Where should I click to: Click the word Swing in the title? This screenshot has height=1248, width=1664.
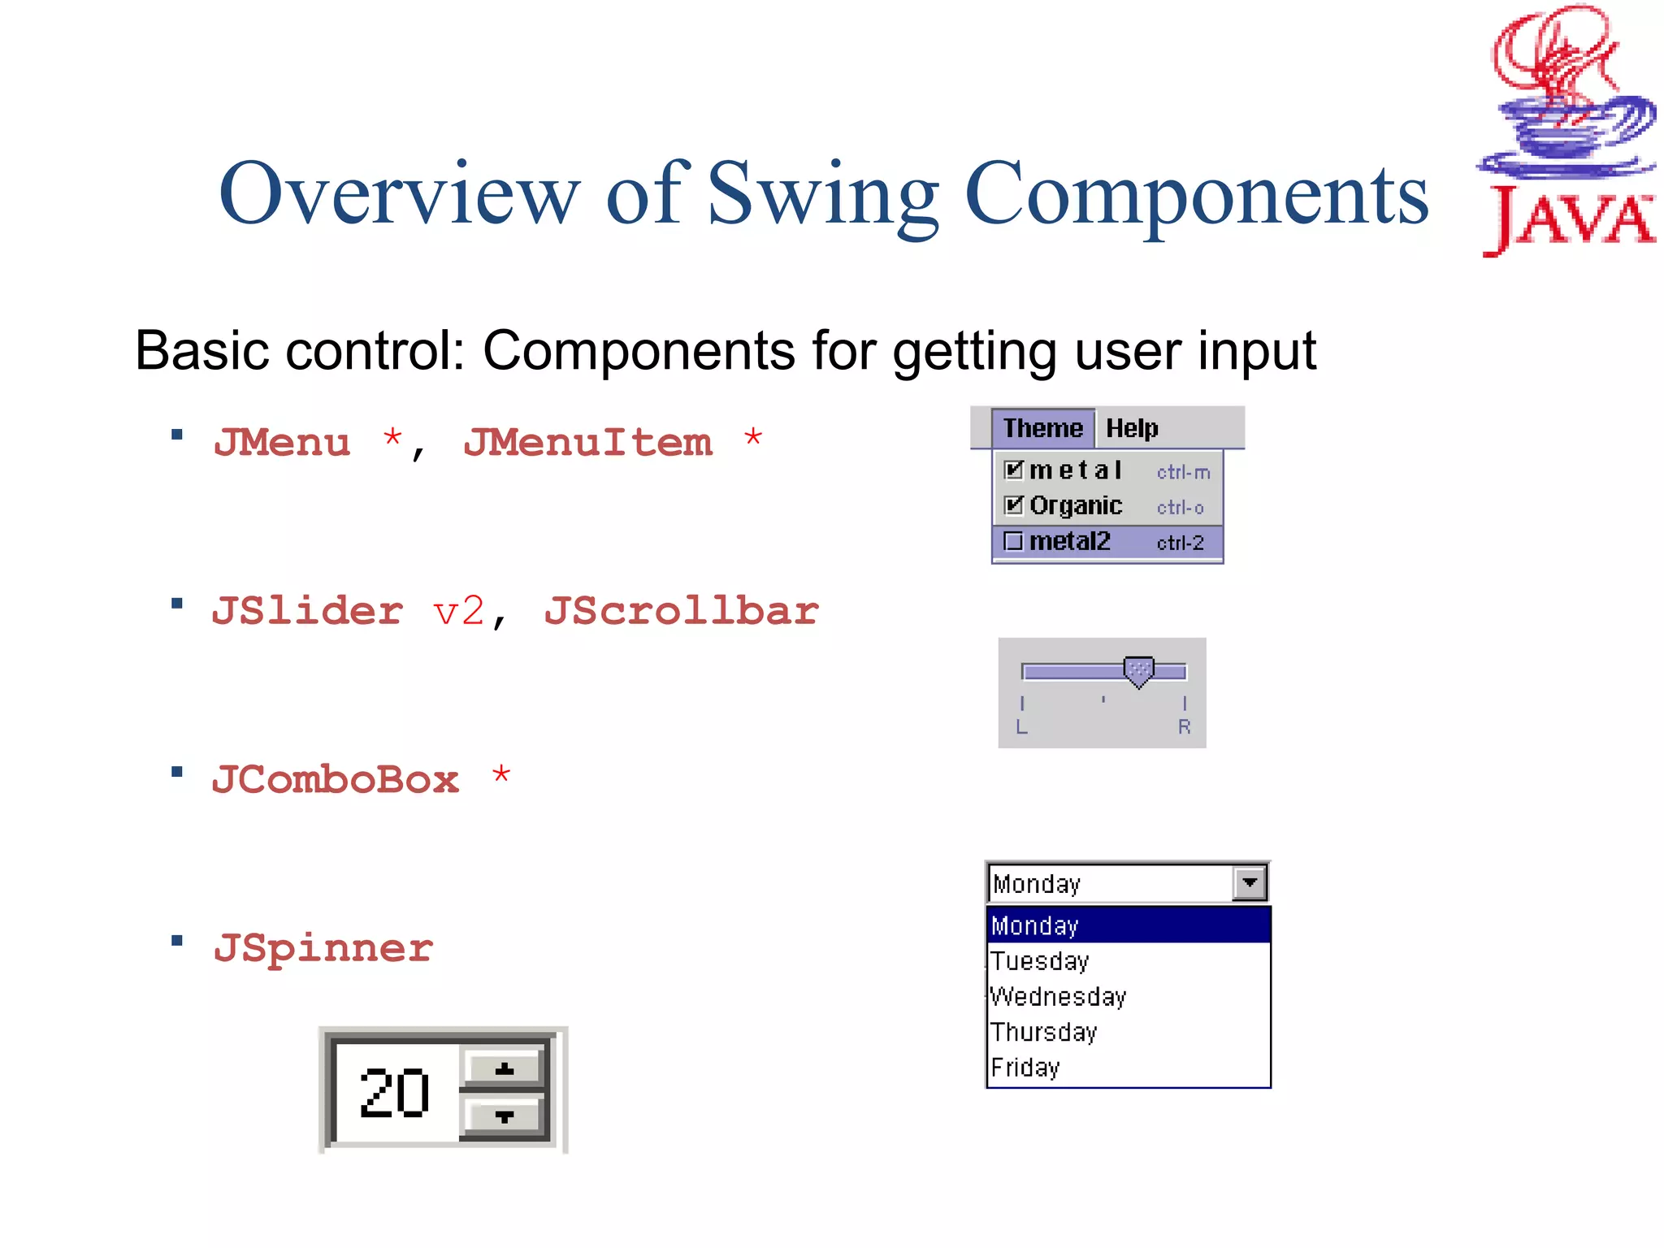tap(822, 195)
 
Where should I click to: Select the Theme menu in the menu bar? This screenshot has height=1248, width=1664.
tap(1042, 428)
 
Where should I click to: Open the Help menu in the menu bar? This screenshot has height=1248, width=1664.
tap(1132, 428)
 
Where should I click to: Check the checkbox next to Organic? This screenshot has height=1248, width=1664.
tap(1013, 505)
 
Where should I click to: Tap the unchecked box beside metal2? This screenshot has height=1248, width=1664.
tap(1013, 541)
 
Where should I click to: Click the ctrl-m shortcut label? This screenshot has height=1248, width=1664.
tap(1183, 472)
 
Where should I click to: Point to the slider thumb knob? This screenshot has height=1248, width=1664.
tap(1138, 671)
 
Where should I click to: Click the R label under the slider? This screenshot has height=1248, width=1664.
tap(1185, 727)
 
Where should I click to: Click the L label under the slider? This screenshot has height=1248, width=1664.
tap(1022, 727)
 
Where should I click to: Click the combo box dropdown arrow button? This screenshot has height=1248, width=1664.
tap(1250, 883)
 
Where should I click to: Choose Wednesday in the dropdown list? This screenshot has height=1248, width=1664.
tap(1059, 997)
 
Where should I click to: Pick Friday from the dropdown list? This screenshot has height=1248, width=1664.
tap(1025, 1068)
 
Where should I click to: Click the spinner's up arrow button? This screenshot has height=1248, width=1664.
tap(504, 1068)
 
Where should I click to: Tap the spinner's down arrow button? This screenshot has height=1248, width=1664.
tap(504, 1116)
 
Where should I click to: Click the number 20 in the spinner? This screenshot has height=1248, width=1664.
tap(394, 1094)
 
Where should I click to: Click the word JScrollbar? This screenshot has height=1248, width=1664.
tap(681, 611)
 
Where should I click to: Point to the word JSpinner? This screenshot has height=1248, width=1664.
tap(323, 948)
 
